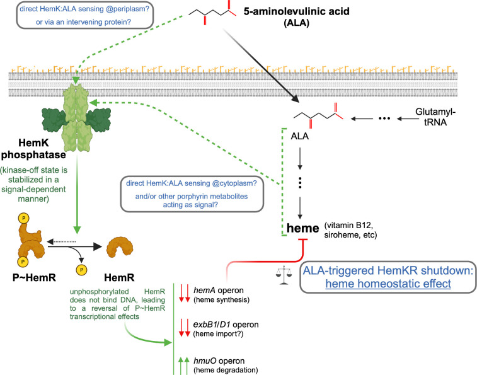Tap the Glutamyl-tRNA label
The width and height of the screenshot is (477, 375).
pyautogui.click(x=435, y=117)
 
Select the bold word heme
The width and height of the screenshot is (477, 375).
pyautogui.click(x=303, y=228)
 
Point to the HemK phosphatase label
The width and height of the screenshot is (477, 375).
pyautogui.click(x=33, y=149)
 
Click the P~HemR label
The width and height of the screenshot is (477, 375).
pyautogui.click(x=34, y=277)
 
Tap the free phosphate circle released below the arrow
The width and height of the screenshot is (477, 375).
pyautogui.click(x=81, y=270)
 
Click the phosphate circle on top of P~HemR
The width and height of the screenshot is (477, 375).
pyautogui.click(x=23, y=218)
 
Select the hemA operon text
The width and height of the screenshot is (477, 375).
pyautogui.click(x=219, y=291)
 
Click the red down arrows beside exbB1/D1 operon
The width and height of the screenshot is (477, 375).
pyautogui.click(x=185, y=328)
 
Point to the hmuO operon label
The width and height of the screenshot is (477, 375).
pyautogui.click(x=219, y=361)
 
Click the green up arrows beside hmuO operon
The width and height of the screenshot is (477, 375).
pyautogui.click(x=184, y=366)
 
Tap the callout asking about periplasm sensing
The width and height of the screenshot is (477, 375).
pyautogui.click(x=84, y=15)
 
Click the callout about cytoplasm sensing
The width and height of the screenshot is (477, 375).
pyautogui.click(x=192, y=194)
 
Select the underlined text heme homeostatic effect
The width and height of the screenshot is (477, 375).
pyautogui.click(x=388, y=284)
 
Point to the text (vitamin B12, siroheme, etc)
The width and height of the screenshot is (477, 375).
pyautogui.click(x=350, y=230)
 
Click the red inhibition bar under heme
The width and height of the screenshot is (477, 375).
pyautogui.click(x=303, y=240)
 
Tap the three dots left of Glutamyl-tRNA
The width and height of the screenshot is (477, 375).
pyautogui.click(x=384, y=118)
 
